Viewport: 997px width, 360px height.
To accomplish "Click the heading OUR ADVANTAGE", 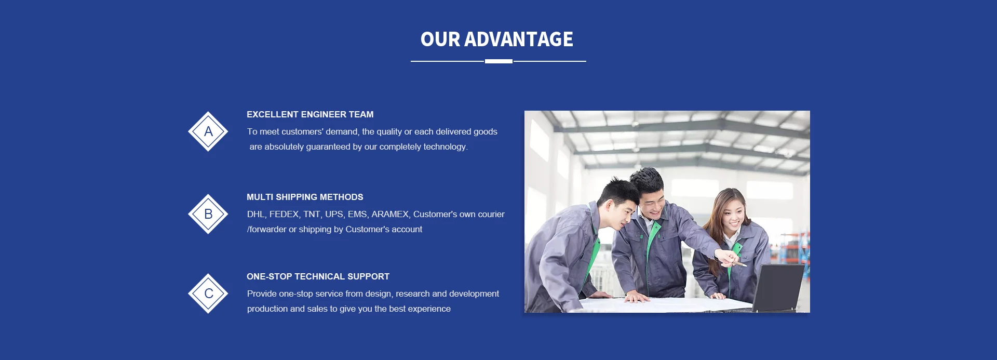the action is click(x=497, y=39).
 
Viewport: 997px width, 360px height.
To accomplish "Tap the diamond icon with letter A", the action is click(x=208, y=131).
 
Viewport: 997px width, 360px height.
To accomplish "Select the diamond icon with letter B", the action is click(x=208, y=214).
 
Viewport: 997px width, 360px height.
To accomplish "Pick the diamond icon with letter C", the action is click(x=208, y=294).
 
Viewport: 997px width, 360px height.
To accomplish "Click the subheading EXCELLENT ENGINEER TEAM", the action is click(x=310, y=114).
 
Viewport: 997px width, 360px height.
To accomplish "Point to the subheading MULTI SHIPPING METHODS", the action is click(x=305, y=197).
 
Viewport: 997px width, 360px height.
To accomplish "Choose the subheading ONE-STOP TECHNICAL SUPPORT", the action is click(x=318, y=276).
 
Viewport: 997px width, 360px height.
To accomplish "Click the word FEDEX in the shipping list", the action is click(x=284, y=215).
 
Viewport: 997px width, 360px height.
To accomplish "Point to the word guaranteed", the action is click(x=328, y=147).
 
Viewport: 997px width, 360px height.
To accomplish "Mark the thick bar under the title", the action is click(x=498, y=61).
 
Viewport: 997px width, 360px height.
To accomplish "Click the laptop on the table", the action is click(x=777, y=287).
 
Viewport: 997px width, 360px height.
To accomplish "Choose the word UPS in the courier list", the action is click(x=334, y=215).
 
